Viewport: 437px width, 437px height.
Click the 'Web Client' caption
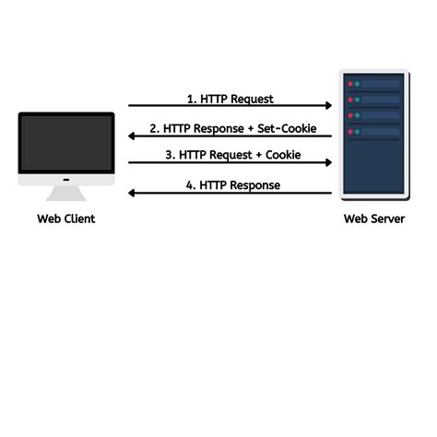(65, 219)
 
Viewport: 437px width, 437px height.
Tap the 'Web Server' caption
(373, 219)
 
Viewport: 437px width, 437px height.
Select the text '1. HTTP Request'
(230, 99)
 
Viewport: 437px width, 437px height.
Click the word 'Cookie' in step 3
(283, 155)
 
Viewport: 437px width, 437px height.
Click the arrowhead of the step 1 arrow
(328, 106)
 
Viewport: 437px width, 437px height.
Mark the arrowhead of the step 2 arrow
(132, 136)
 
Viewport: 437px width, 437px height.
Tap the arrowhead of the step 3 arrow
(328, 163)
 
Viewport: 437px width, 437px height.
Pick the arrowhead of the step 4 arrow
(132, 193)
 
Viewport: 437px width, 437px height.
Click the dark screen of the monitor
(66, 143)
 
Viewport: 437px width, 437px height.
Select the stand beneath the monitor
(66, 193)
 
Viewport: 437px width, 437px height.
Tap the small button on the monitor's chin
(66, 179)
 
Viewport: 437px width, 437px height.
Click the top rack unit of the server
(373, 84)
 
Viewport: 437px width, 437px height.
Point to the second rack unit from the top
(373, 100)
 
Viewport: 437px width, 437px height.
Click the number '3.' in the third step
(171, 155)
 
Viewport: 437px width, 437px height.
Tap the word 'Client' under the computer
(80, 219)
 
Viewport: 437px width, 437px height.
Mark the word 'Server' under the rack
(388, 219)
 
